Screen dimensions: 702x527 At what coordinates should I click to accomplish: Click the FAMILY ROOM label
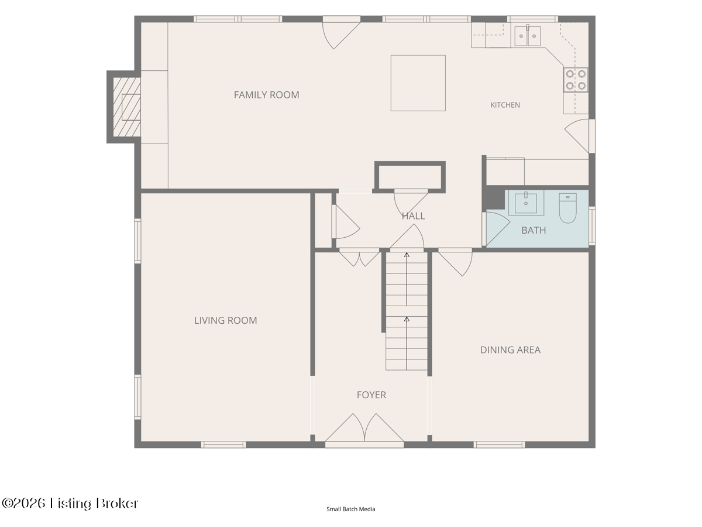coord(266,95)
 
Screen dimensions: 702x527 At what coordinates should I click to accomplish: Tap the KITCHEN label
coord(505,105)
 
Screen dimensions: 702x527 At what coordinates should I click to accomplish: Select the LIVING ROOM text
coord(225,320)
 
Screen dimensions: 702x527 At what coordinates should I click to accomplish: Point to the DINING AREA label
coord(510,350)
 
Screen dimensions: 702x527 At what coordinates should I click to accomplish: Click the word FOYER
coord(371,395)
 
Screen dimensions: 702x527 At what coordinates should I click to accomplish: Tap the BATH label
coord(534,230)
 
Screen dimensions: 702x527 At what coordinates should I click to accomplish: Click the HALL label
coord(413,216)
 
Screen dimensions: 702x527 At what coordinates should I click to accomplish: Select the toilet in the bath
coord(567,208)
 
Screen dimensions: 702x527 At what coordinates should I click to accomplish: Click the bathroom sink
coord(526,203)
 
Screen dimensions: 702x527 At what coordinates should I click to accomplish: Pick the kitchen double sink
coord(528,36)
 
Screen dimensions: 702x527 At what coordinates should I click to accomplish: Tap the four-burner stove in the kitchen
coord(576,80)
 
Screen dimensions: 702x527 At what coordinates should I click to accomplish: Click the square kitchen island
coord(418,83)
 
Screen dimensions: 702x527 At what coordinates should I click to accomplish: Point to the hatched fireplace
coord(126,107)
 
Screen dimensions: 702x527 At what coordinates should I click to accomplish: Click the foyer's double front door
coord(364,429)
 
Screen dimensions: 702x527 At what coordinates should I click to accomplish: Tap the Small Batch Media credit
coord(350,509)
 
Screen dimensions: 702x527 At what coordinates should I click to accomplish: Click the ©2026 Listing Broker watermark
coord(70,504)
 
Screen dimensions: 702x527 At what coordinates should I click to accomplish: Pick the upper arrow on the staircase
coord(407,279)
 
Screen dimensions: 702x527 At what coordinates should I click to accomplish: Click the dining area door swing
coord(455,263)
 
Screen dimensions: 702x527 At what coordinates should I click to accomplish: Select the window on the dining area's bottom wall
coord(499,444)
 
